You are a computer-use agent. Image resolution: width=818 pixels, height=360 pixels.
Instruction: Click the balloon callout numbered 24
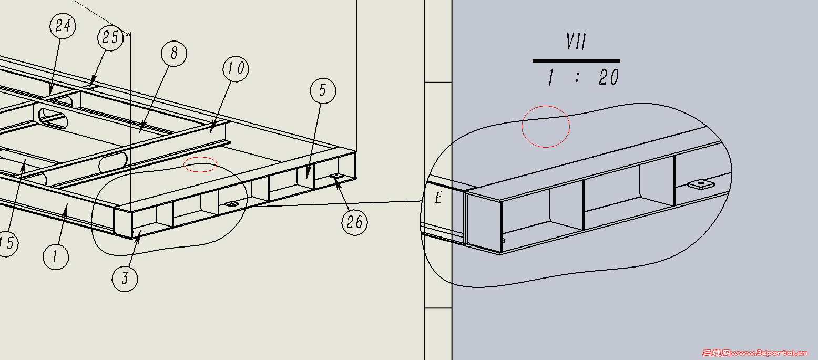tap(63, 26)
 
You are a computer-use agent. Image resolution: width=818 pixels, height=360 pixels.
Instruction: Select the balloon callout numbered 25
tap(110, 37)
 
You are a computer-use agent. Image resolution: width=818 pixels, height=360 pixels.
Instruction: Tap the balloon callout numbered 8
tap(174, 53)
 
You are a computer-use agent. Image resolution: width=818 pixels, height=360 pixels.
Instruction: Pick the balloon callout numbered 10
tap(236, 69)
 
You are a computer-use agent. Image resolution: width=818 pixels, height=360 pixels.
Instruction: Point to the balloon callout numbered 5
tap(323, 90)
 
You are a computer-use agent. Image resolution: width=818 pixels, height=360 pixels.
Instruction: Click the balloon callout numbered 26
tap(354, 222)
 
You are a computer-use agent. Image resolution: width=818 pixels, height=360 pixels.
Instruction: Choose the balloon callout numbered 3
tap(125, 279)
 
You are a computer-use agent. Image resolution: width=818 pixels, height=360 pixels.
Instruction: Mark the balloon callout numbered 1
tap(56, 256)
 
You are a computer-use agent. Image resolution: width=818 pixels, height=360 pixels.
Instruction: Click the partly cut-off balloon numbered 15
tap(7, 243)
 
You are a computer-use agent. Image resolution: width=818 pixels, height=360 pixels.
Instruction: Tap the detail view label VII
tap(576, 42)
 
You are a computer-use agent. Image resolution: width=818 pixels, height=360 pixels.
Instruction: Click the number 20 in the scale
tap(609, 77)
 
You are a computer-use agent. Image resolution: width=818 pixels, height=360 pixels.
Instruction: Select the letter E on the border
tap(438, 198)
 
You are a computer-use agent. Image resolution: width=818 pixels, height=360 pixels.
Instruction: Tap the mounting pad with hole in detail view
tap(701, 184)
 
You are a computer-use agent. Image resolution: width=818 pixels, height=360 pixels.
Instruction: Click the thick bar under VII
tap(576, 60)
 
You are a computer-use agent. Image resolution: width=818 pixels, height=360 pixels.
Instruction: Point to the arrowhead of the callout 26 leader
tap(336, 181)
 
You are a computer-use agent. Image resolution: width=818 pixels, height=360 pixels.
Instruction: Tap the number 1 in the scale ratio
tap(551, 77)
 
